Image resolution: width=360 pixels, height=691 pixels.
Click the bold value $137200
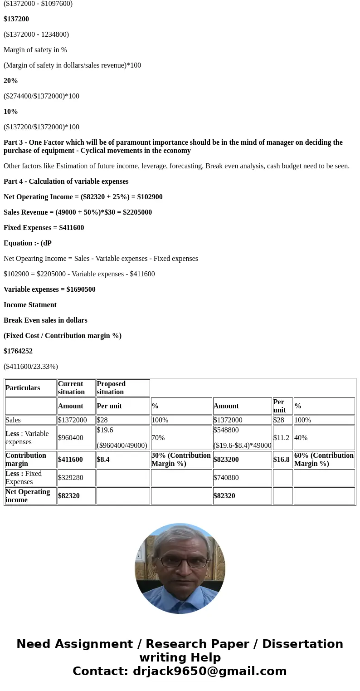[16, 19]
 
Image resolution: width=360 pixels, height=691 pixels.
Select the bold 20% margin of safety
[11, 81]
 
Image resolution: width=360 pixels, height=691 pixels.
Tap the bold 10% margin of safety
[11, 112]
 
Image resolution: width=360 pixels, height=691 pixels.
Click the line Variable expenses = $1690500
[49, 289]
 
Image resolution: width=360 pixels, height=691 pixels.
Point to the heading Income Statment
[30, 305]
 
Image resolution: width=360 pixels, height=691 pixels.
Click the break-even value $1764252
[18, 351]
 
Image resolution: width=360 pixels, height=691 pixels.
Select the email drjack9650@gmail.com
[209, 671]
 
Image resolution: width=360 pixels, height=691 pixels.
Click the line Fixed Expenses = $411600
[44, 228]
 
